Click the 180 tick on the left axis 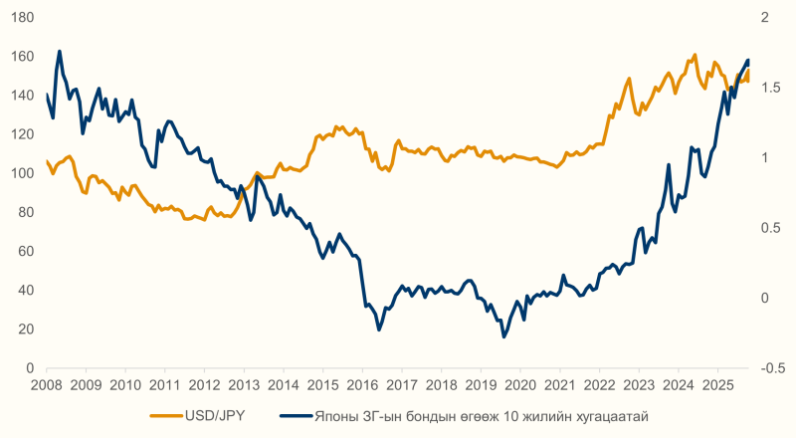click(25, 18)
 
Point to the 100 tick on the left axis click(25, 173)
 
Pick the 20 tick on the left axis click(28, 329)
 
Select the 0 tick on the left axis click(32, 368)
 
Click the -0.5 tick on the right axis click(769, 368)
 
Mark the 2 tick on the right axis click(761, 18)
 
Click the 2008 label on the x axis click(46, 384)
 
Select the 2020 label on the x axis click(520, 384)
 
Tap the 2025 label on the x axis click(718, 384)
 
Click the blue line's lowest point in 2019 click(504, 336)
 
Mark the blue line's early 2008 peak click(60, 51)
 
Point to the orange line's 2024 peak click(695, 55)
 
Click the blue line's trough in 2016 click(379, 329)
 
